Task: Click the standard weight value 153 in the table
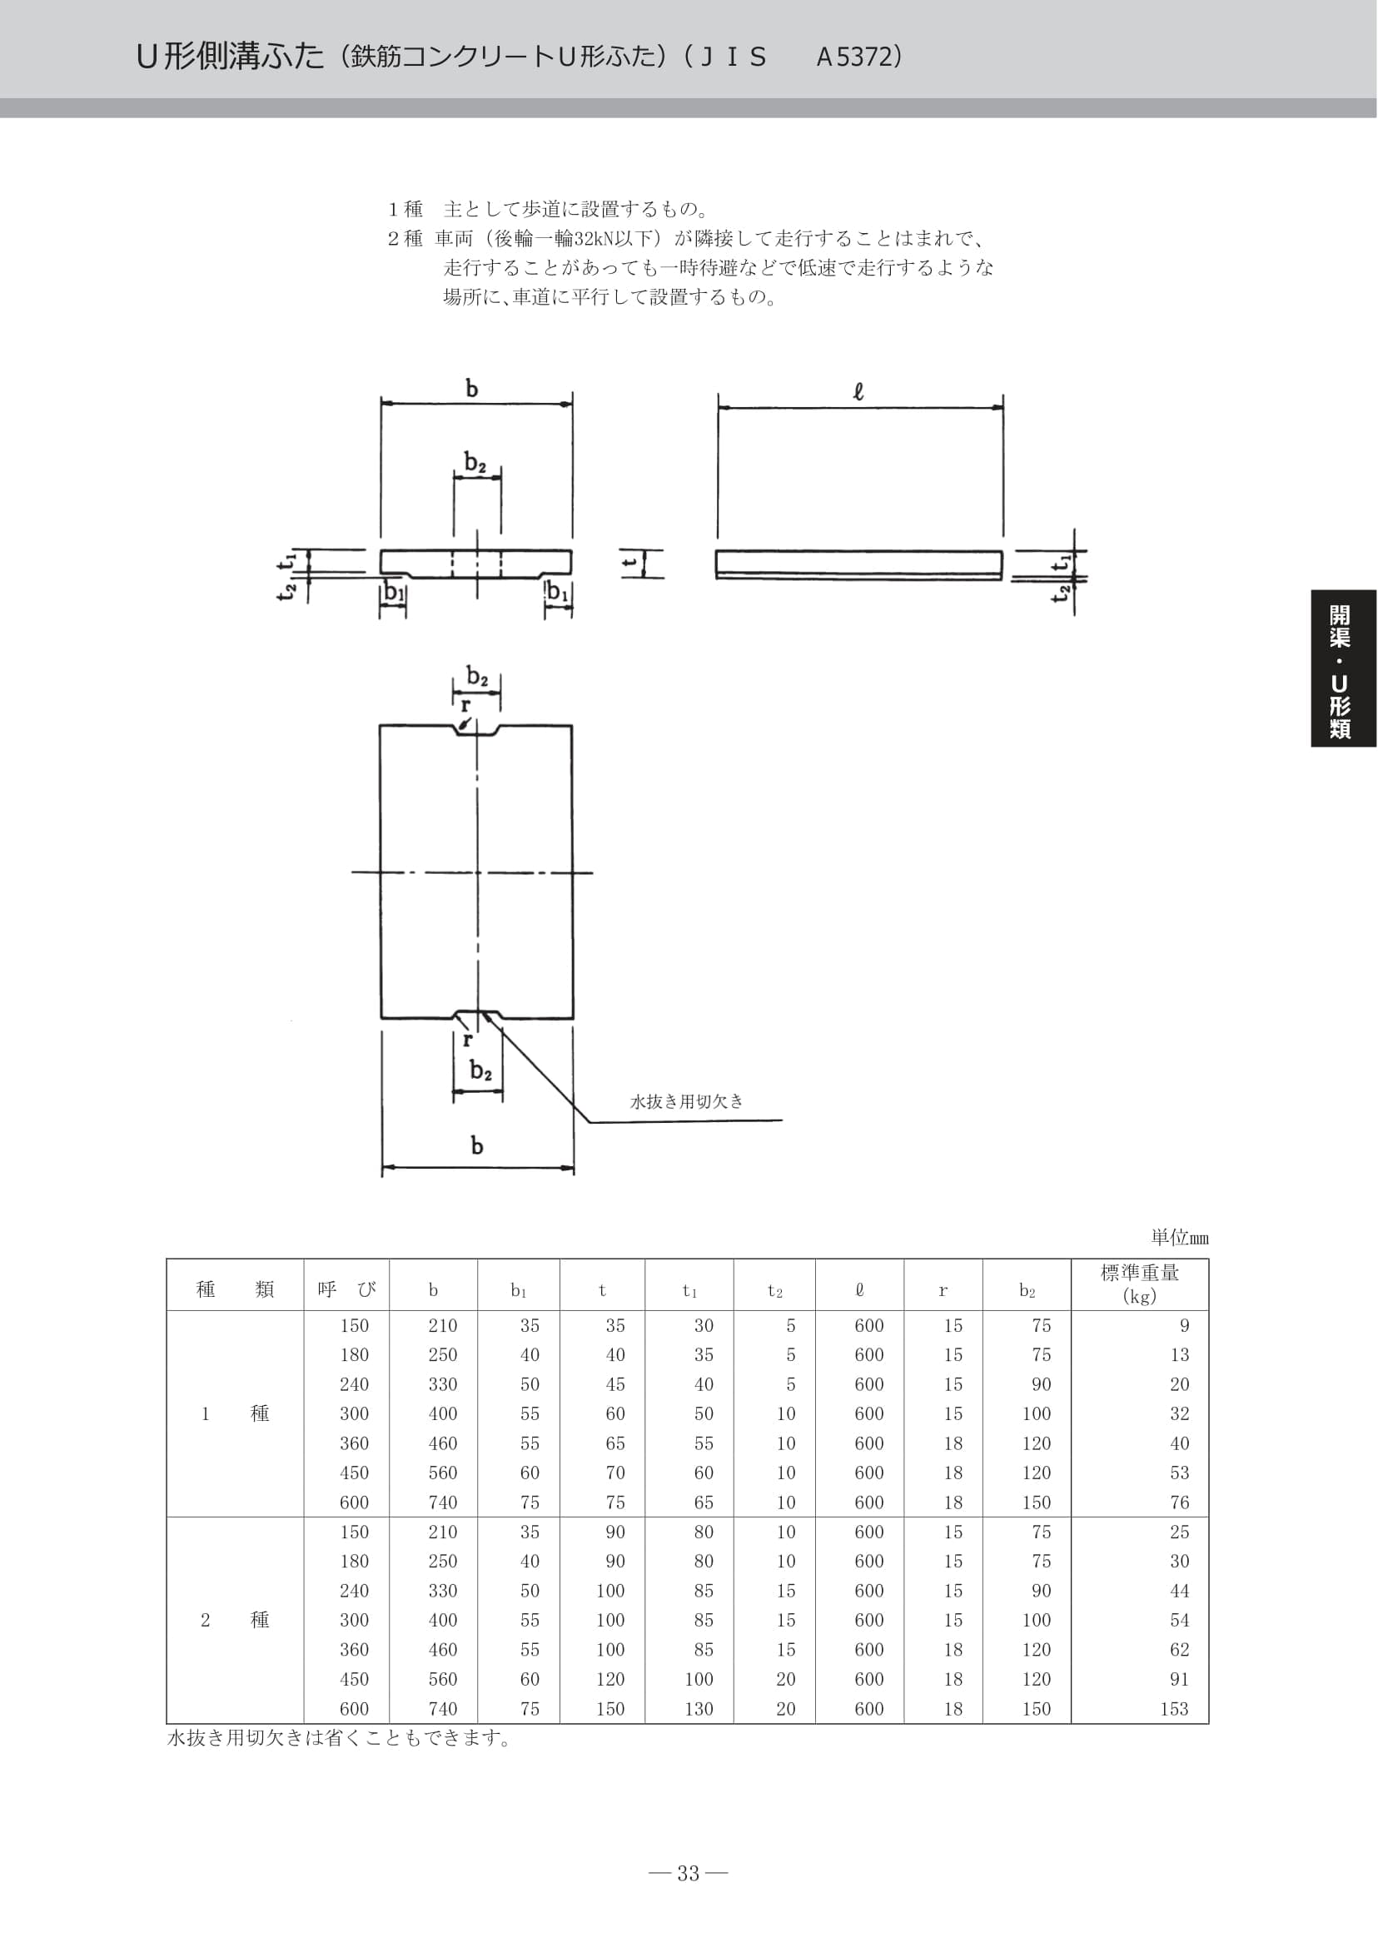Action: click(x=1174, y=1709)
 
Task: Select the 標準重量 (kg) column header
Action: click(x=1140, y=1284)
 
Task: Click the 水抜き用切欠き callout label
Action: click(x=686, y=1101)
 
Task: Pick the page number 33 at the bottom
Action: click(x=688, y=1873)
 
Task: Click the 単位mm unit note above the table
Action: click(x=1180, y=1238)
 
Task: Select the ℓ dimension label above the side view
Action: click(x=858, y=392)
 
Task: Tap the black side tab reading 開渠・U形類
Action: click(x=1344, y=668)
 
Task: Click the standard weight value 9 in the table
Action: click(x=1185, y=1325)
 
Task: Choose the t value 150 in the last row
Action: click(x=610, y=1709)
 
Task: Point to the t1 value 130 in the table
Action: click(x=699, y=1709)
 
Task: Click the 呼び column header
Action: click(x=346, y=1289)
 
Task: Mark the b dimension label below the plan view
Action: click(x=477, y=1146)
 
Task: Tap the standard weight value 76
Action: click(x=1180, y=1502)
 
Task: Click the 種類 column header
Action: click(x=235, y=1289)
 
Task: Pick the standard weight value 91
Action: click(x=1180, y=1679)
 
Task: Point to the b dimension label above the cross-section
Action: click(x=472, y=389)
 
